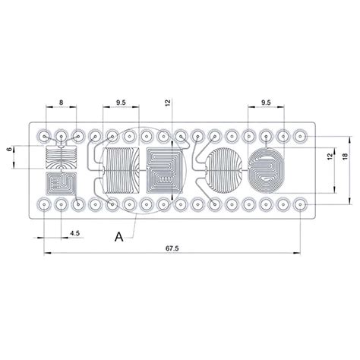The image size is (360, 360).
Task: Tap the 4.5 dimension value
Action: tap(75, 232)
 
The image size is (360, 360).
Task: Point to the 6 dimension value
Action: tap(10, 150)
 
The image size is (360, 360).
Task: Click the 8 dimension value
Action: tap(61, 101)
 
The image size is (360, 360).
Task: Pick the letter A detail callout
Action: tap(119, 236)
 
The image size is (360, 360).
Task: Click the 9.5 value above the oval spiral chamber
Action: tap(265, 101)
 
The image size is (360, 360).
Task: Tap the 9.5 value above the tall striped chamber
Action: tap(121, 101)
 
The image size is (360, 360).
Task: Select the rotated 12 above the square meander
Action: tap(168, 103)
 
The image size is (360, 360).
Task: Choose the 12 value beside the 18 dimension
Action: tap(330, 156)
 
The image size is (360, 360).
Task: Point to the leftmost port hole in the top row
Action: tap(45, 136)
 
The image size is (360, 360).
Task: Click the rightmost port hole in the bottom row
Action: tap(300, 205)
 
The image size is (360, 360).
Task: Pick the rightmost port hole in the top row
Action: tap(300, 136)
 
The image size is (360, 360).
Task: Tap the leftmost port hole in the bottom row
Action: tap(45, 205)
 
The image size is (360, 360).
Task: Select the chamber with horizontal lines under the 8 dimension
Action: tap(61, 158)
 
